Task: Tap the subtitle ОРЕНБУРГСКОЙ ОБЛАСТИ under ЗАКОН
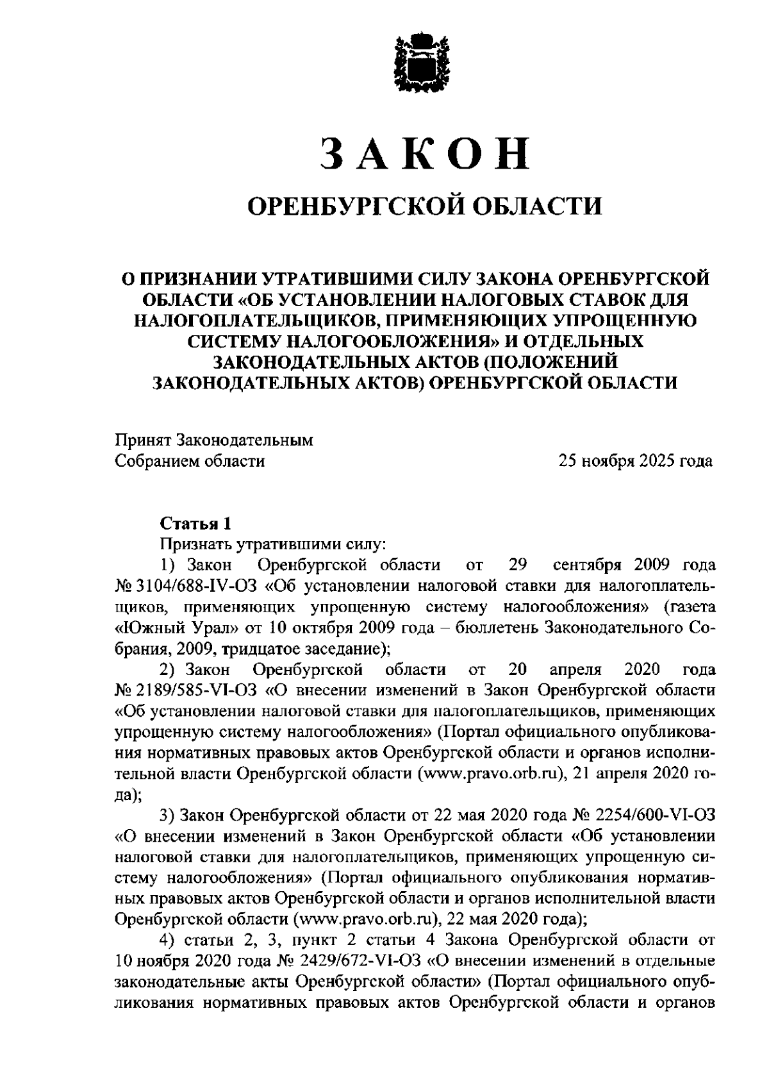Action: [x=426, y=206]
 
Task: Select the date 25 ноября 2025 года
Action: [x=635, y=460]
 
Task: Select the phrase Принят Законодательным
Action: [x=214, y=440]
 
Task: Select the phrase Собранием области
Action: [x=190, y=460]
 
